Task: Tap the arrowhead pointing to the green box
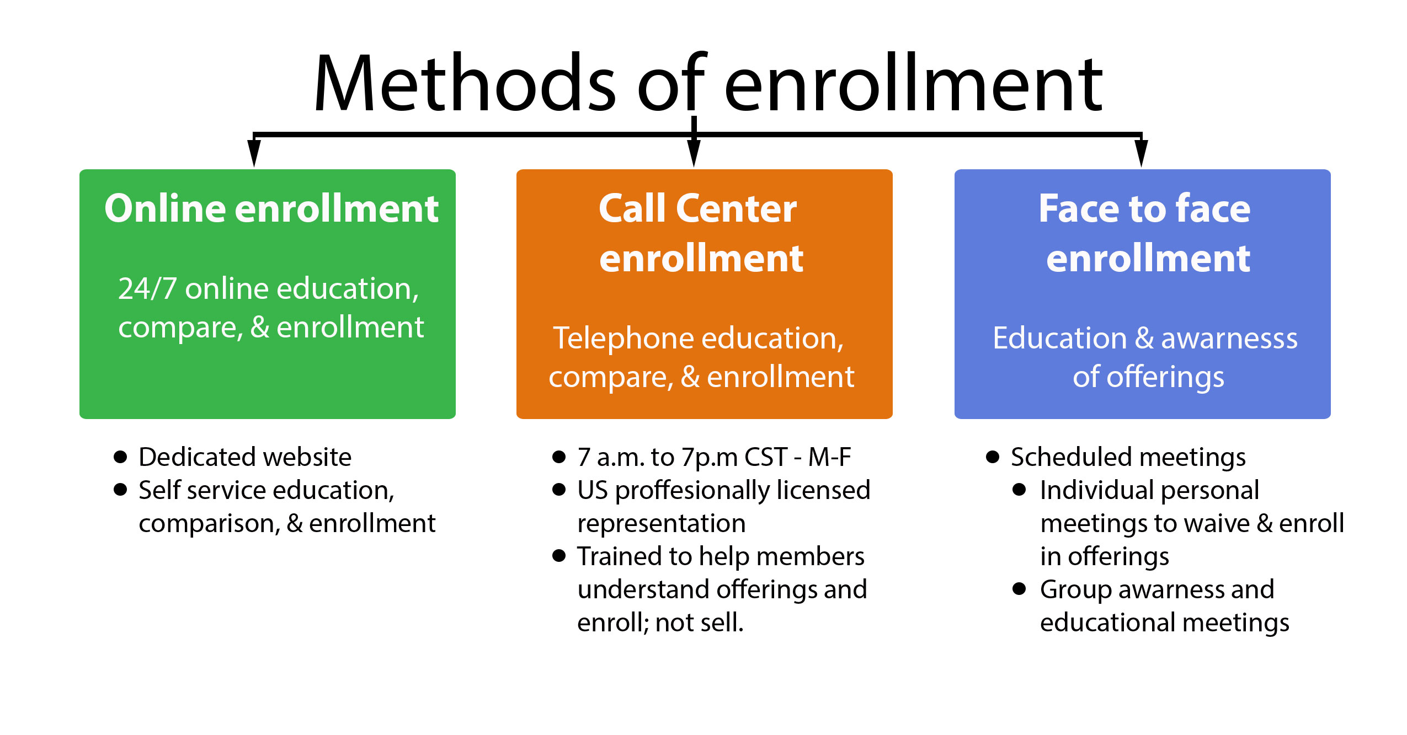click(254, 153)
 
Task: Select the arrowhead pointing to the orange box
click(694, 153)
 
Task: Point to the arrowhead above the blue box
click(1141, 153)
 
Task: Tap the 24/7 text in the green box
click(147, 288)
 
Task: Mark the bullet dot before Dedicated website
click(120, 457)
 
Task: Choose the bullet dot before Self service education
click(120, 490)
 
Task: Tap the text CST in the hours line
click(766, 457)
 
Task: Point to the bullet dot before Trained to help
click(559, 556)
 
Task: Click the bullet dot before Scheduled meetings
click(993, 457)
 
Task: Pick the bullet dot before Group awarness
click(1019, 589)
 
